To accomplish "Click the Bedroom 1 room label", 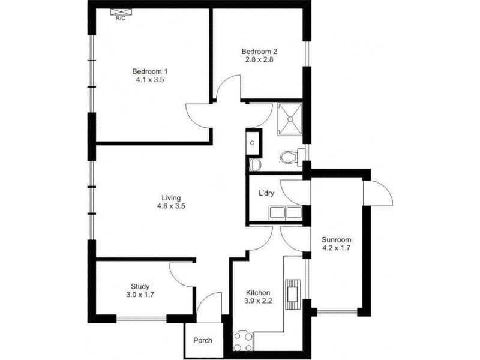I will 150,72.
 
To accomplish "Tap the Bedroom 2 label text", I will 260,51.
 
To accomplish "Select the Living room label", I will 171,197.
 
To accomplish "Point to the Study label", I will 140,286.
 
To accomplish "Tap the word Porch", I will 203,340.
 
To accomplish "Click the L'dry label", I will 266,194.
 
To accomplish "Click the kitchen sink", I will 293,293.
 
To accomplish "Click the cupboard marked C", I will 252,143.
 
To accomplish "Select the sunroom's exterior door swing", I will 379,194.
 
